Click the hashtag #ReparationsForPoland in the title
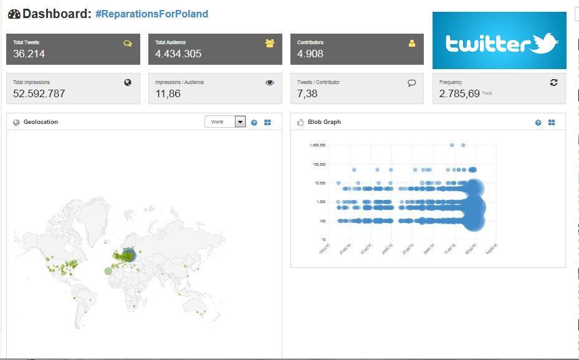[x=152, y=14]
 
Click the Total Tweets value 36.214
[x=29, y=54]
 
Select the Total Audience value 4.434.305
[x=178, y=54]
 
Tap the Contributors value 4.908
[x=310, y=54]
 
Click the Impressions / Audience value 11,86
[x=168, y=94]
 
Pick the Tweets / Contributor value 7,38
[x=307, y=94]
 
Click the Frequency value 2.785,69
[x=459, y=94]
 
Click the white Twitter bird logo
[x=545, y=43]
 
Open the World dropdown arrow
[x=240, y=122]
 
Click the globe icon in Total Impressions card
[x=128, y=82]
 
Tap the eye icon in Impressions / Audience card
[x=270, y=82]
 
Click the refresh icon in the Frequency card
[x=553, y=82]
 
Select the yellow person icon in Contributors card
[x=411, y=43]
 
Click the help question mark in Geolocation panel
[x=254, y=123]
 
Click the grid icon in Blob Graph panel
[x=552, y=123]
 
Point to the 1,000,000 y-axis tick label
[x=317, y=145]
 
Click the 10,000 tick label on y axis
[x=319, y=183]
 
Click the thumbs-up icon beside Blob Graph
[x=300, y=123]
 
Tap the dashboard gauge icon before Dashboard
[x=14, y=14]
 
